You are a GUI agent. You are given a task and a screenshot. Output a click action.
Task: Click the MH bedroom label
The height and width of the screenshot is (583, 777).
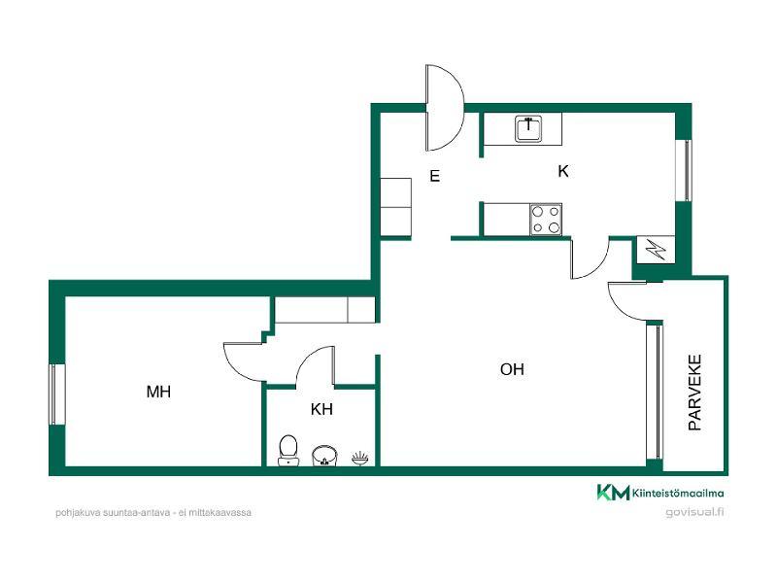click(158, 392)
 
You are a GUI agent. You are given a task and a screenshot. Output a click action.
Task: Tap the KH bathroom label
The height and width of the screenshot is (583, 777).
click(321, 409)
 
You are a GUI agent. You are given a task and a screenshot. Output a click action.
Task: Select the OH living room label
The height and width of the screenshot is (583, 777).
click(512, 369)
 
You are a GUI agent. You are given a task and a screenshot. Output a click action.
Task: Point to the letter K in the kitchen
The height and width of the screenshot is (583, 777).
click(563, 171)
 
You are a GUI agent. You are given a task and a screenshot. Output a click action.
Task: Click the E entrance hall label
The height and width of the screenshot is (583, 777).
click(434, 176)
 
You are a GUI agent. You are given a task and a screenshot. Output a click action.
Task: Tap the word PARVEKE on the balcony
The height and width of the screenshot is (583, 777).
click(694, 393)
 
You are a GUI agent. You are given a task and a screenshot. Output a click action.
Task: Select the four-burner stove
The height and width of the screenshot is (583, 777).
click(546, 220)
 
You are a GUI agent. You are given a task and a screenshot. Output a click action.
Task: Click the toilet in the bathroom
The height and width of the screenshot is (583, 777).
click(287, 450)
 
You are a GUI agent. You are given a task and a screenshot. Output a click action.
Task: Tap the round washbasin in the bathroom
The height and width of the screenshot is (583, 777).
click(324, 455)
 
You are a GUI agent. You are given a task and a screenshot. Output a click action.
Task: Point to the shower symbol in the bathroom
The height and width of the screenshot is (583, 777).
click(360, 458)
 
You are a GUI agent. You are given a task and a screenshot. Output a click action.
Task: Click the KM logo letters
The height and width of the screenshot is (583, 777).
click(613, 493)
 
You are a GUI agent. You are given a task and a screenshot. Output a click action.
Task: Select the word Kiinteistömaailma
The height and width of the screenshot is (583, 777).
click(678, 494)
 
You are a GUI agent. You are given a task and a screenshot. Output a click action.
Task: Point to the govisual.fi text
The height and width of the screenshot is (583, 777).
click(694, 512)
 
